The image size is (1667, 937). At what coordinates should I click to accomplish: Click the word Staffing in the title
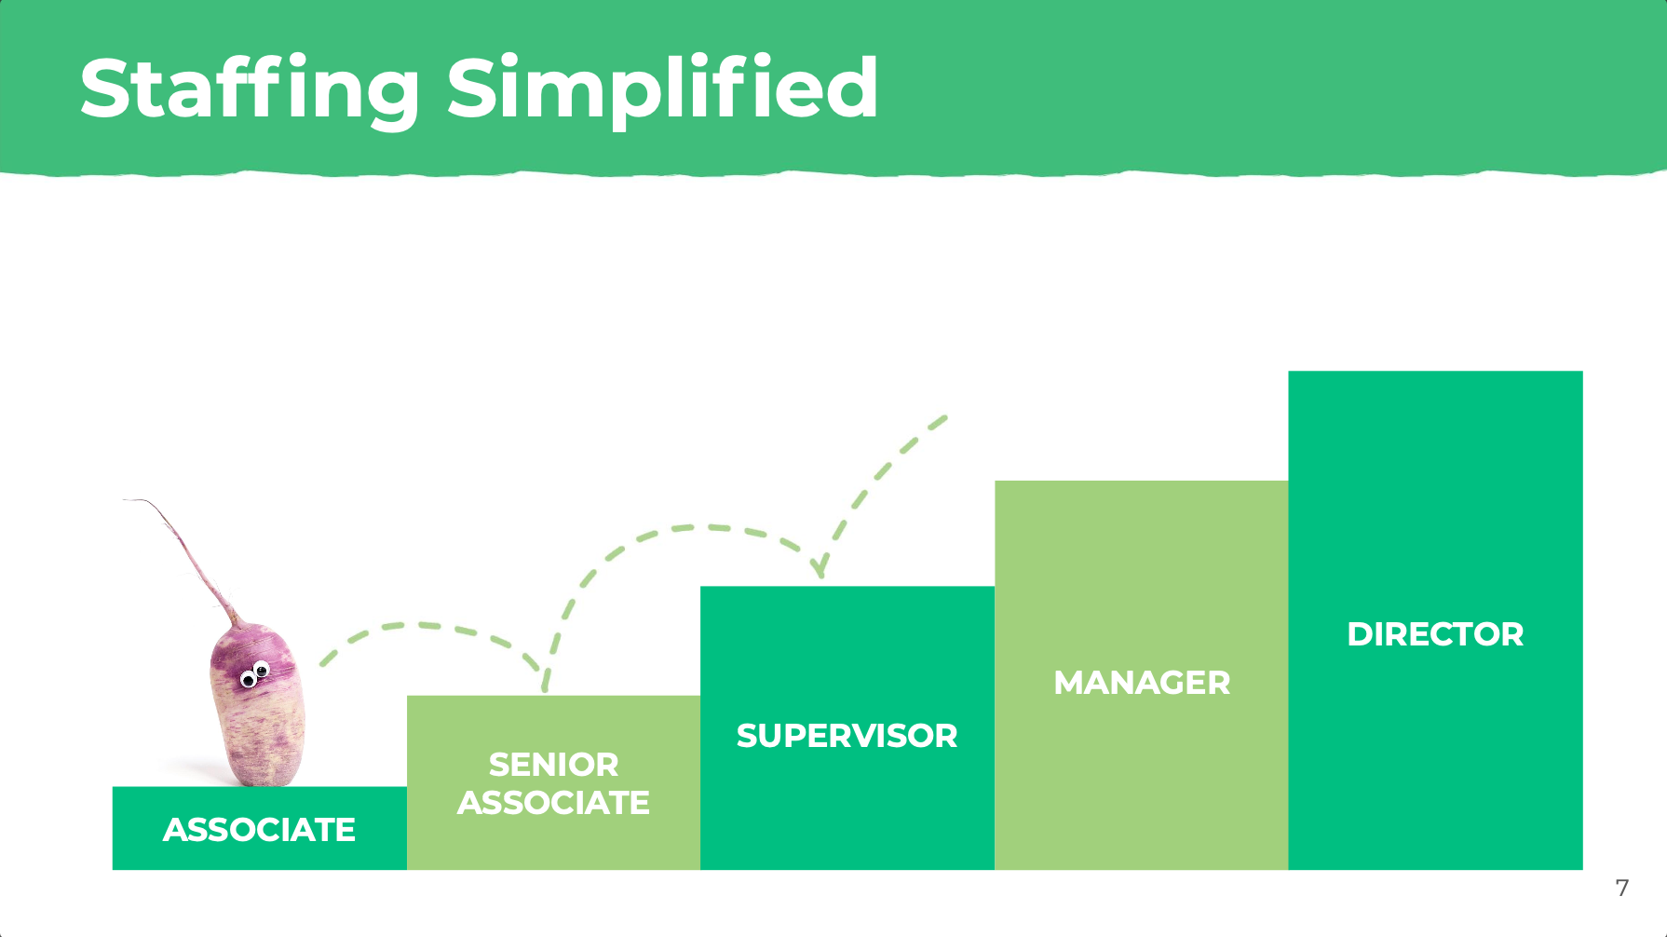tap(250, 89)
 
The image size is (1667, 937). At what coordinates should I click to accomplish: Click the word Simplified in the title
tap(662, 89)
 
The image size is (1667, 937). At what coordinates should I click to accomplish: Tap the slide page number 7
tap(1622, 888)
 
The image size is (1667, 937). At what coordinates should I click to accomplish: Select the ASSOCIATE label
tap(259, 830)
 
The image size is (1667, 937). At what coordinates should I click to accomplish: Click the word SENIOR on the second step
tap(553, 765)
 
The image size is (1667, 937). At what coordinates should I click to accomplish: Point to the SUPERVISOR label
tap(847, 736)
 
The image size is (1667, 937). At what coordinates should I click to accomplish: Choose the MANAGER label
tap(1142, 683)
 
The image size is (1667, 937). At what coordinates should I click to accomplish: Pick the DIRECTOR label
tap(1435, 634)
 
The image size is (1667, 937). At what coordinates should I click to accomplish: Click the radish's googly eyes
tap(255, 674)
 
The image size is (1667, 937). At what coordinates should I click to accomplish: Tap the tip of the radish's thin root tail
tap(124, 501)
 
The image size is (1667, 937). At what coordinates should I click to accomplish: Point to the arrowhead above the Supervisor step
tap(820, 567)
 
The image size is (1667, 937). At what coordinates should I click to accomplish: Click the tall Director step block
tap(1435, 620)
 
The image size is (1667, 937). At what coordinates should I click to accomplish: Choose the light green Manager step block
tap(1142, 675)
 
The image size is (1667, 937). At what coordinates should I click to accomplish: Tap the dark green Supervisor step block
tap(847, 727)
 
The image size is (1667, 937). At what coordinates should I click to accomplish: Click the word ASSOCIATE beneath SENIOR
tap(553, 803)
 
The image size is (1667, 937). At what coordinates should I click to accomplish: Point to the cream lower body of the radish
tap(259, 736)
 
